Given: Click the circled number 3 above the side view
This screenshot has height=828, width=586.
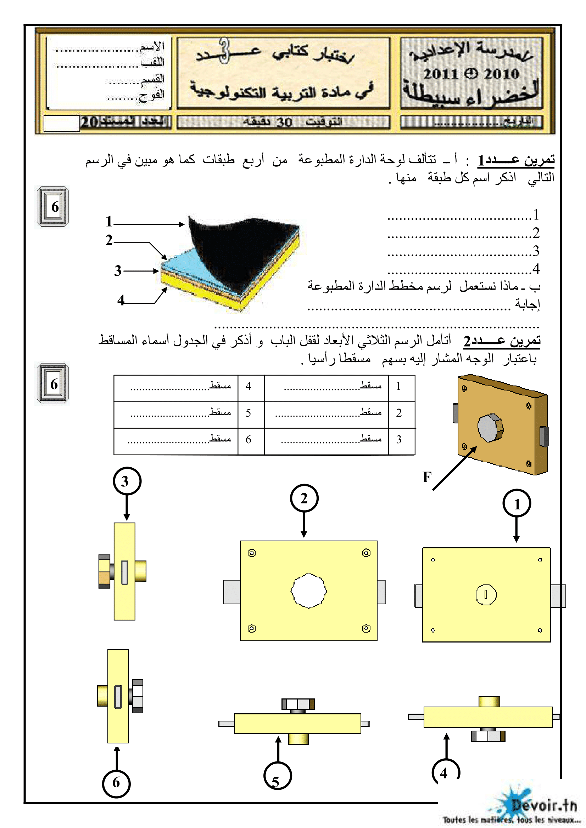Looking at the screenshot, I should pyautogui.click(x=127, y=481).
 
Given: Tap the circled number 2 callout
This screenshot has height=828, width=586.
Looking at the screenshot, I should pyautogui.click(x=304, y=498).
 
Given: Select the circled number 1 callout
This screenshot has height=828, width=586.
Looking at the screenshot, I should pyautogui.click(x=517, y=503).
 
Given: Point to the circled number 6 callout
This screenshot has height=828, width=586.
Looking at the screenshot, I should pyautogui.click(x=116, y=783).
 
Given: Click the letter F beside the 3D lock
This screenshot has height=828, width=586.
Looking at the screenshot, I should pyautogui.click(x=427, y=477).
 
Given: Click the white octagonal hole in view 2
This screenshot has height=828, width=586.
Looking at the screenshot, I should pyautogui.click(x=309, y=590).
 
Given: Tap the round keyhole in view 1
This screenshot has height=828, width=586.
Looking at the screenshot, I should pyautogui.click(x=486, y=595).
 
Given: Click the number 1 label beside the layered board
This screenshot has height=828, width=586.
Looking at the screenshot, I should pyautogui.click(x=109, y=221).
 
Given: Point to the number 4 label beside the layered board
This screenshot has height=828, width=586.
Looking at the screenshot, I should pyautogui.click(x=121, y=300).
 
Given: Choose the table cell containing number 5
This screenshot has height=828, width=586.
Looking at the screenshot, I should pyautogui.click(x=249, y=413).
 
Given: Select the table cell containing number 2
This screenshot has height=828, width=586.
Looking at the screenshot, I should pyautogui.click(x=398, y=413).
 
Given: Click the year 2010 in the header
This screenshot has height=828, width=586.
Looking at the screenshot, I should pyautogui.click(x=501, y=74).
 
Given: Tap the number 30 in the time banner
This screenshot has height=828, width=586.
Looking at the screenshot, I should pyautogui.click(x=284, y=122).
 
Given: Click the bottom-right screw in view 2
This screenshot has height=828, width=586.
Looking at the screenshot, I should pyautogui.click(x=366, y=628).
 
